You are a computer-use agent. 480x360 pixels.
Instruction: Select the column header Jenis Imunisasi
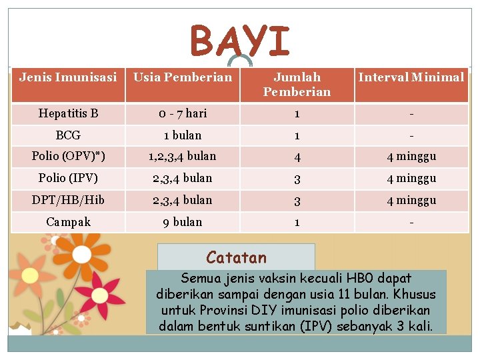pos(68,77)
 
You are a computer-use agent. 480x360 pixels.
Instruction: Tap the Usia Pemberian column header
pos(183,77)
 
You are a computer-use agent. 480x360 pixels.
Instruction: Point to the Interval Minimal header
pos(411,77)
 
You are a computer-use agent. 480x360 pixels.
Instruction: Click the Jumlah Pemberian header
pos(297,85)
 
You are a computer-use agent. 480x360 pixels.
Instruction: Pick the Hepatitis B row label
pos(68,113)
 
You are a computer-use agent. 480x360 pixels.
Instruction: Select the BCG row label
pos(68,135)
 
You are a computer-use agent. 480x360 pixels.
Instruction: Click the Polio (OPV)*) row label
pos(68,157)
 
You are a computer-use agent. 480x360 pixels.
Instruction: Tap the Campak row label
pos(68,222)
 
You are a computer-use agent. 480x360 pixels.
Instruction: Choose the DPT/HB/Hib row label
pos(68,200)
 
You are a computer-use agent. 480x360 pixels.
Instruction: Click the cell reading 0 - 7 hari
pos(183,113)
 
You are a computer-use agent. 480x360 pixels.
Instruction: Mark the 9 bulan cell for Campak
pos(183,222)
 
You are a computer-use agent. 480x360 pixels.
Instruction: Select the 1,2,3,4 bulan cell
pos(183,157)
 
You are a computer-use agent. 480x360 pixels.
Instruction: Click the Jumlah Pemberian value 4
pos(297,157)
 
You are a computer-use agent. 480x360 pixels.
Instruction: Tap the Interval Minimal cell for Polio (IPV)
pos(411,179)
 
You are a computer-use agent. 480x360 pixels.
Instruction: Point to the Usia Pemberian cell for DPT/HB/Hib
pos(183,200)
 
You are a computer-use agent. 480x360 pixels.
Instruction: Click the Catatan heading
pos(236,257)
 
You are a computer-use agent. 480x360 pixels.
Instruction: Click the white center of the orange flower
pos(29,274)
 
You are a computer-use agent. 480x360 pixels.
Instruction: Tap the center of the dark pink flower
pos(99,293)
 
